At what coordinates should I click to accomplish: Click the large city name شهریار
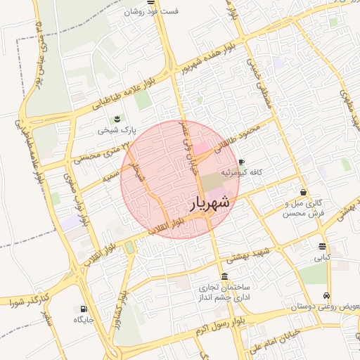[x=210, y=202]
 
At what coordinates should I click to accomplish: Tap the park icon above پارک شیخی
[x=117, y=118]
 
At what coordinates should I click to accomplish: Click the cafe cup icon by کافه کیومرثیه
[x=241, y=161]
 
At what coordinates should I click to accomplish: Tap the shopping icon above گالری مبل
[x=303, y=192]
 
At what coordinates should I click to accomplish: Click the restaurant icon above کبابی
[x=322, y=246]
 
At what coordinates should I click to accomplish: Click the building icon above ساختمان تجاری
[x=224, y=276]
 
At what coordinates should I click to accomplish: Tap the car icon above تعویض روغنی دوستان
[x=326, y=296]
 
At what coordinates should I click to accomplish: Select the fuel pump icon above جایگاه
[x=84, y=309]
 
